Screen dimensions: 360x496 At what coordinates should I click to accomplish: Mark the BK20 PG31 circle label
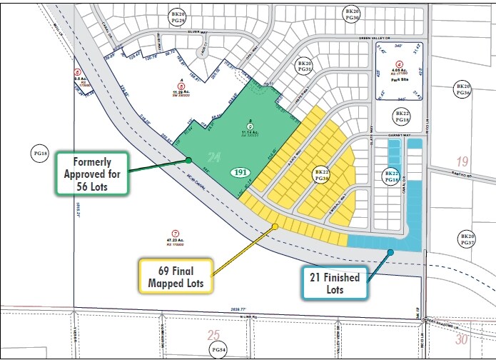tap(305, 67)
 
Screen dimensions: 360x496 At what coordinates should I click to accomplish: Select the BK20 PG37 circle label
tap(467, 240)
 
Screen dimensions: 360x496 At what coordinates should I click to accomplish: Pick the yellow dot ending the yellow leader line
tap(275, 227)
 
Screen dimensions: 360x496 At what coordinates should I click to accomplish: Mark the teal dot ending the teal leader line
tap(390, 251)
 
